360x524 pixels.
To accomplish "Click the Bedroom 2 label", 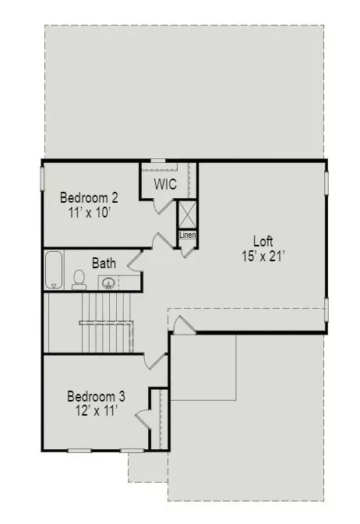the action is (x=89, y=197).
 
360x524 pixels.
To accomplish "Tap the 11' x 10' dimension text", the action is (x=90, y=212).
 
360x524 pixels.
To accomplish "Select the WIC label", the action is (x=165, y=184).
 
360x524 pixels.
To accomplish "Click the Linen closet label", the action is (x=187, y=235).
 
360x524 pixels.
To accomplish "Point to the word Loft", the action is (x=263, y=241).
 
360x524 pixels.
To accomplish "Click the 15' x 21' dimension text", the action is (x=263, y=256).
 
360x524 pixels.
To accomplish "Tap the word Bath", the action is (x=104, y=264).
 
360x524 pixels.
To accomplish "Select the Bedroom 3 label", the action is (x=96, y=396).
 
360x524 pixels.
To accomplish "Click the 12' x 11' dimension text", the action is (x=97, y=411).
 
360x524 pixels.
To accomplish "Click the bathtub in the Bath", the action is (x=54, y=270).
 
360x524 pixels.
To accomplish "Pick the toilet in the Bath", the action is (x=79, y=280).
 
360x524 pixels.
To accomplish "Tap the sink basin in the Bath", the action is (x=108, y=283).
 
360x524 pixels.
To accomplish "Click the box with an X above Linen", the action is (x=187, y=215).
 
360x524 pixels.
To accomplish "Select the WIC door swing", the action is (x=164, y=206).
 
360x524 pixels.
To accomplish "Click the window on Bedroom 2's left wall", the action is (x=42, y=179).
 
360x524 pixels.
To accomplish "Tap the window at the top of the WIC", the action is (x=158, y=161).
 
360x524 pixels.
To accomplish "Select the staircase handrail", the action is (x=107, y=323).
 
